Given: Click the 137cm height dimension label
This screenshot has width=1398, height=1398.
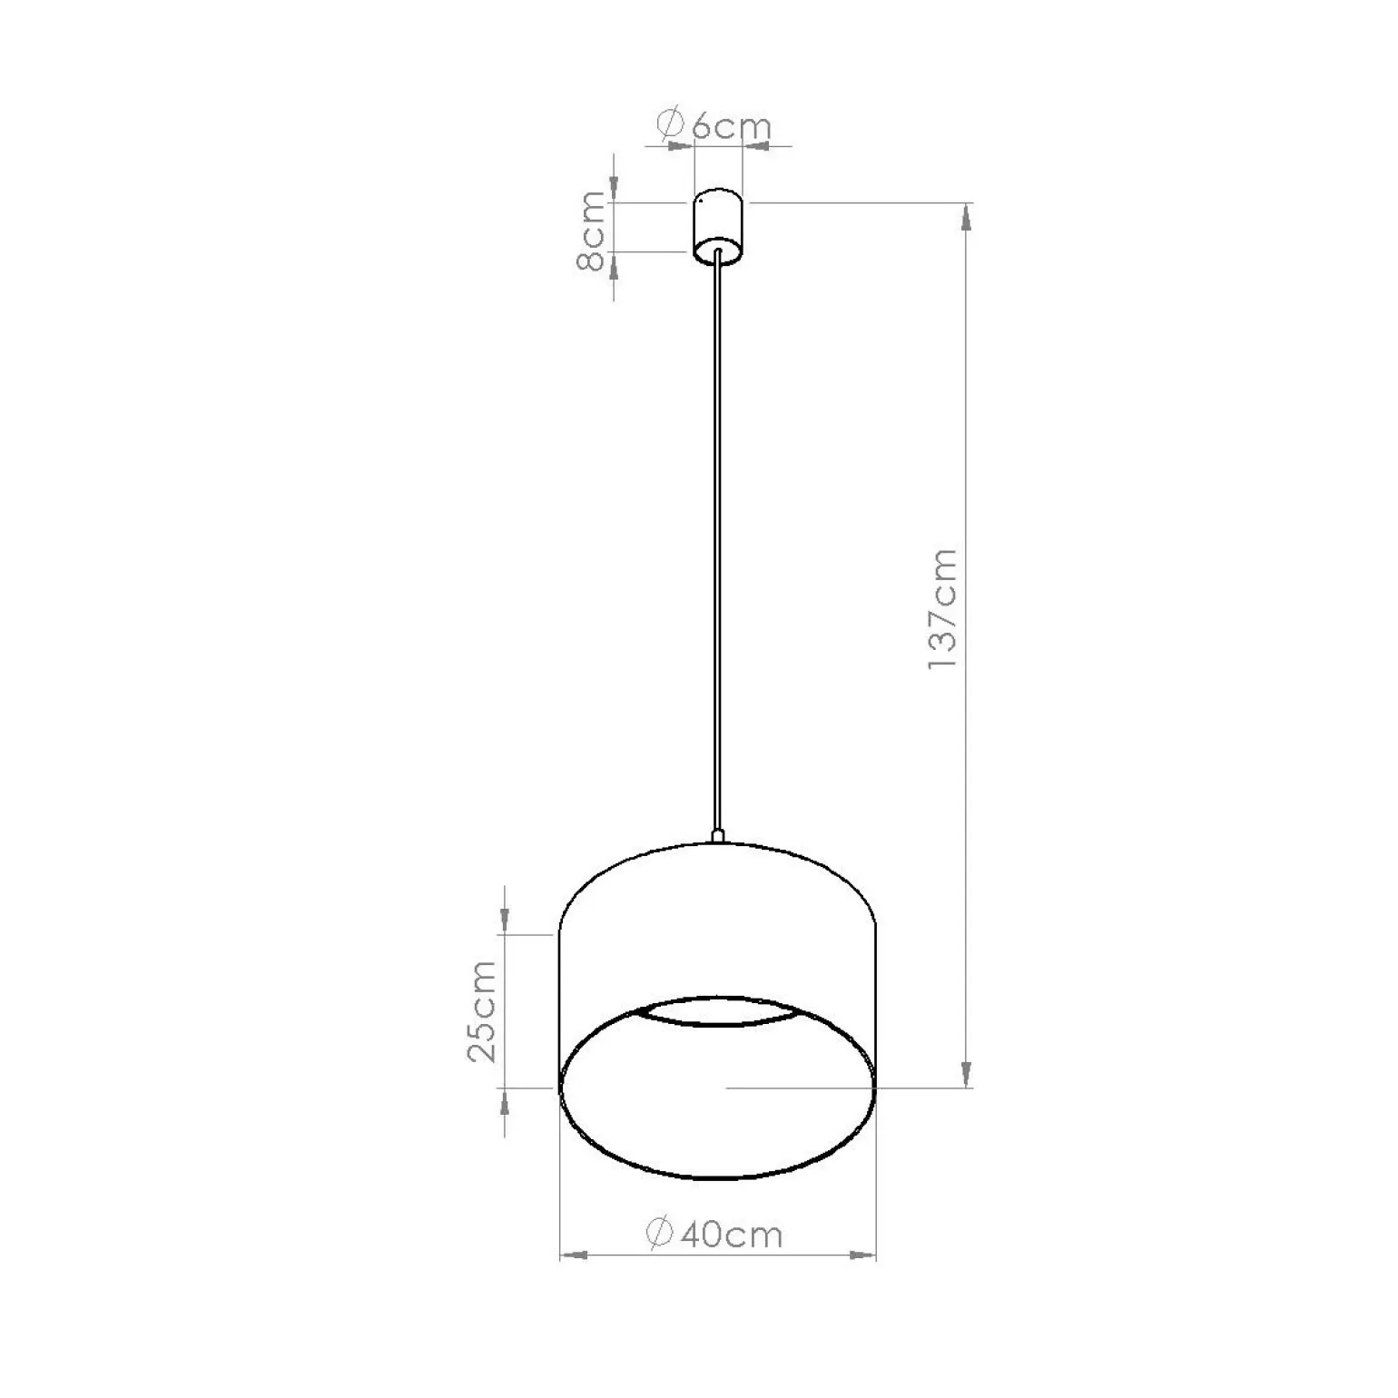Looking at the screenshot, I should click(943, 609).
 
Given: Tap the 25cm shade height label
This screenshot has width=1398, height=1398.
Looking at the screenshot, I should click(482, 1010).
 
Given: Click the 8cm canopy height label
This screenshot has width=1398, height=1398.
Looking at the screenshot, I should click(591, 231).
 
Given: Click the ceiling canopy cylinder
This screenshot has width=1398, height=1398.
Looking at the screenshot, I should click(718, 224).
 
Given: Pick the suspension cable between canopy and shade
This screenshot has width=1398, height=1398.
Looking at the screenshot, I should click(718, 545).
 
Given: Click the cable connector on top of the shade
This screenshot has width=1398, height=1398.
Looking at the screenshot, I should click(717, 835).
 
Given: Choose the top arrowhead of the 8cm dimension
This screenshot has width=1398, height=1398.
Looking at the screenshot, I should click(615, 188).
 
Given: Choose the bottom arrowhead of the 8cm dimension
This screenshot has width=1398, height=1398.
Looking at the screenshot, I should click(615, 265).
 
